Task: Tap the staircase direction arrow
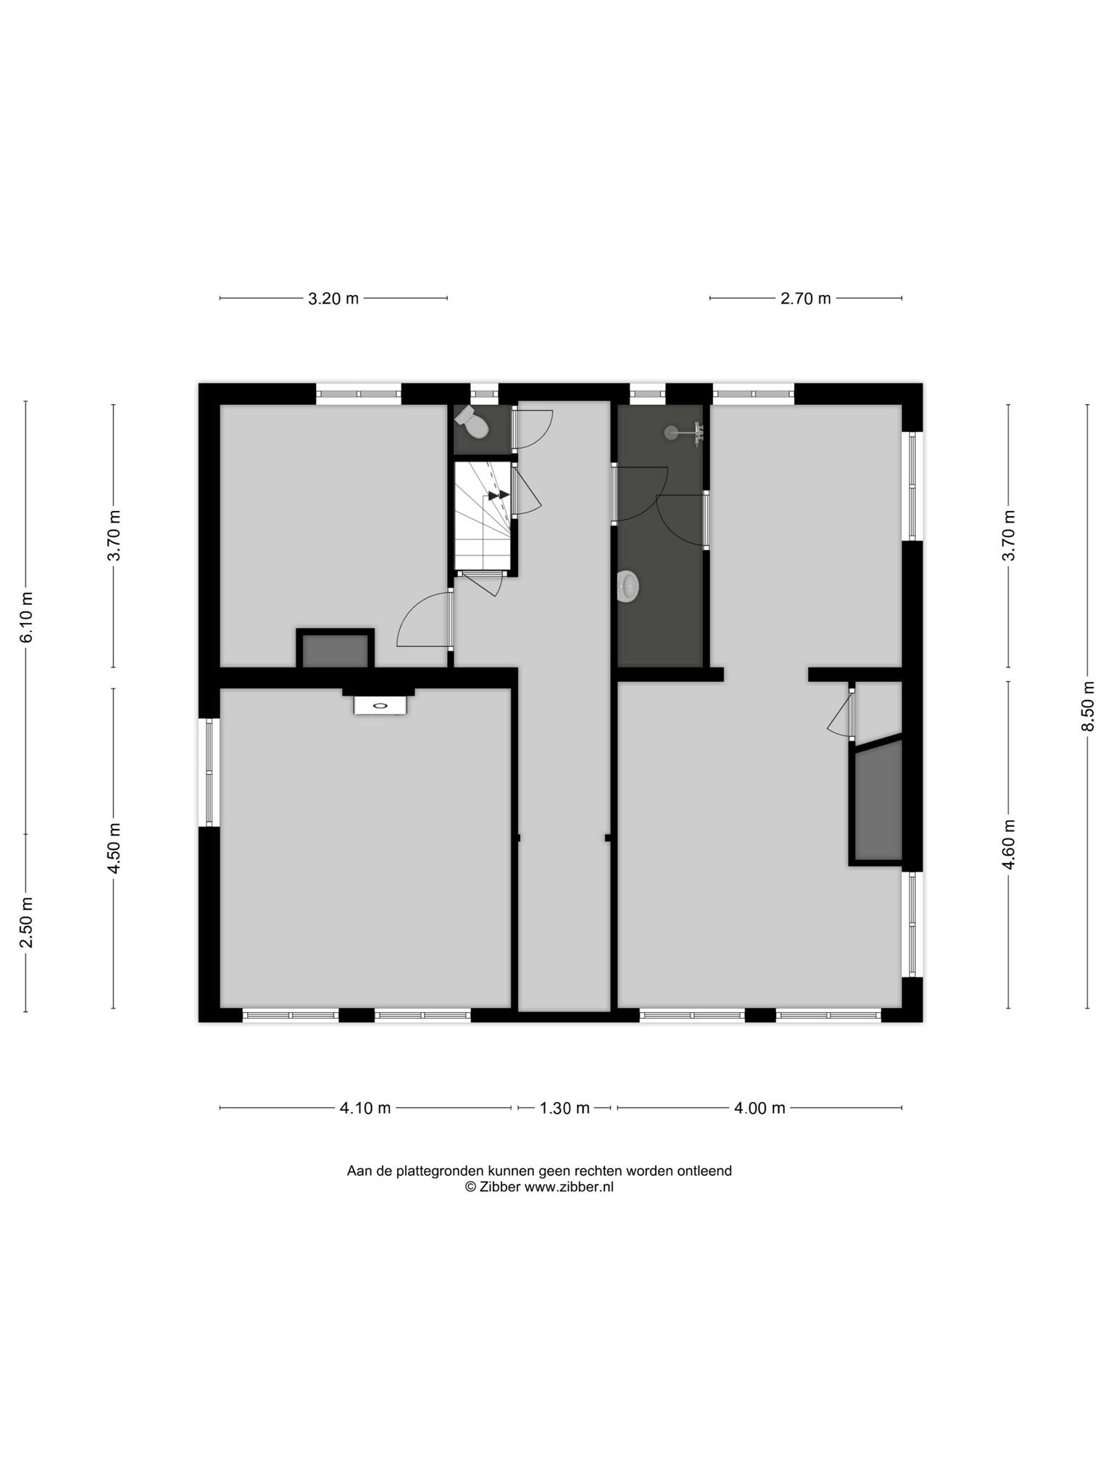click(499, 496)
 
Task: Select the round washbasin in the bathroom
click(628, 586)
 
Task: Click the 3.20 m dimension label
click(333, 299)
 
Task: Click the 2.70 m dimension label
click(805, 299)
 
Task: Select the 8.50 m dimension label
click(1088, 706)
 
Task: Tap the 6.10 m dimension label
click(26, 617)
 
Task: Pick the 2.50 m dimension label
click(26, 922)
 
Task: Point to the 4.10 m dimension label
click(365, 1108)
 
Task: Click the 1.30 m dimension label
click(564, 1108)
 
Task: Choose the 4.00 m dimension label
click(759, 1108)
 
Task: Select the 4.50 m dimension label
click(113, 849)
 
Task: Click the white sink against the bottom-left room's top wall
click(380, 705)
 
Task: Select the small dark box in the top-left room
click(335, 650)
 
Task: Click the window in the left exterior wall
click(209, 772)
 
